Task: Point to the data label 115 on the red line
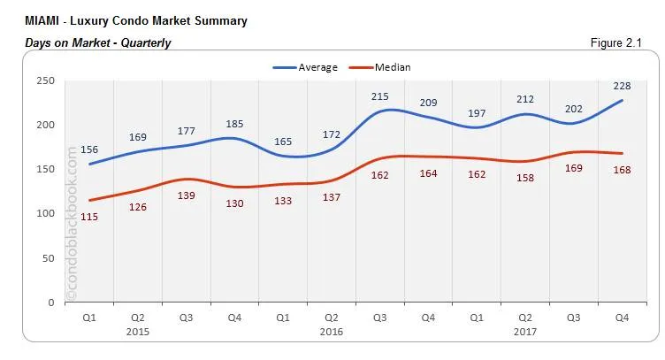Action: (90, 217)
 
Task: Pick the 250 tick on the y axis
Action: (47, 80)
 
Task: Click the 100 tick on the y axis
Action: (47, 213)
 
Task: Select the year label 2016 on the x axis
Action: (332, 332)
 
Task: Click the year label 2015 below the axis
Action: (137, 332)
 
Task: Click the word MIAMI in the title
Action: (44, 20)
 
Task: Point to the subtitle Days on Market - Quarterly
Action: (98, 42)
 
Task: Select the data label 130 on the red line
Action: (234, 204)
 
